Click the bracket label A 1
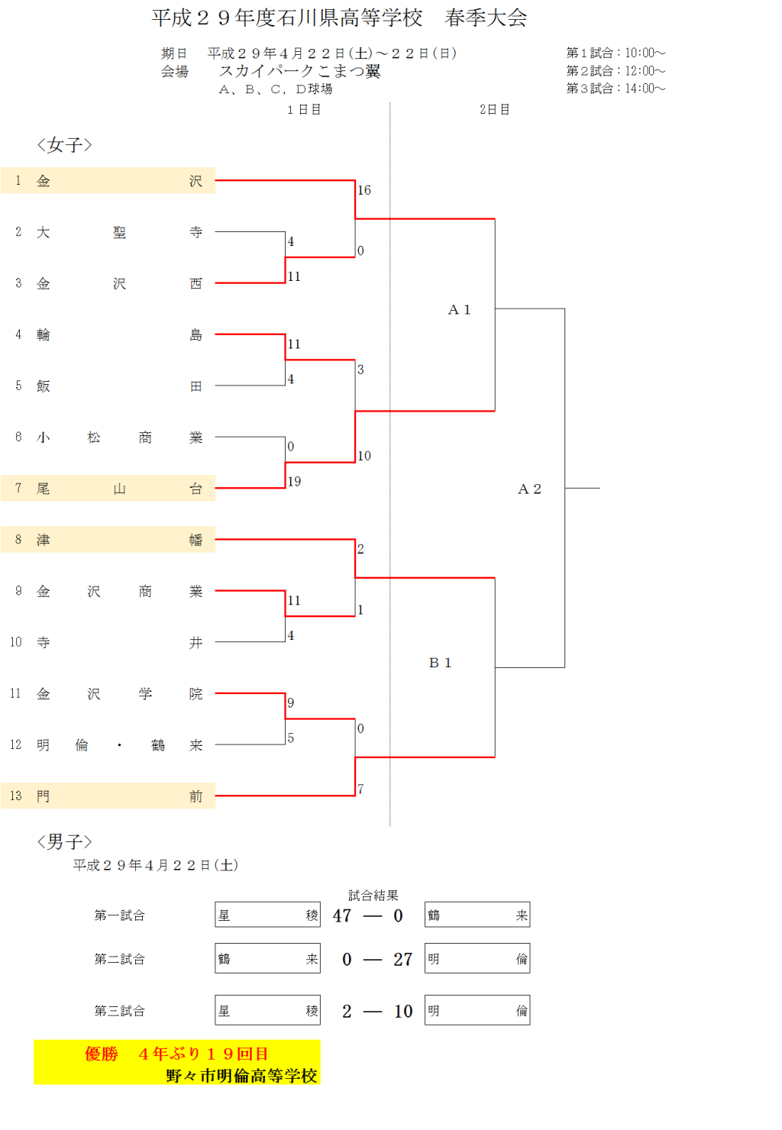tap(459, 309)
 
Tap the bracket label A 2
tap(529, 489)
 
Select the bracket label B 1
tap(440, 663)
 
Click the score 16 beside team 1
tap(364, 190)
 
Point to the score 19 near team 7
tap(294, 482)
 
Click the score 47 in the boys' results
tap(342, 915)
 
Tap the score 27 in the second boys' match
tap(403, 960)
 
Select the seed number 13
tap(16, 796)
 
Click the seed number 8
tap(18, 540)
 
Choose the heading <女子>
tap(64, 145)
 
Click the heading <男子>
tap(64, 841)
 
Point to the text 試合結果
tap(373, 895)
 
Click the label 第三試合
tap(119, 1011)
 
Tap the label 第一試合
tap(119, 915)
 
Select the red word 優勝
tap(101, 1054)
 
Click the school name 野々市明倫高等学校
tap(241, 1076)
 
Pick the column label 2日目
tap(495, 109)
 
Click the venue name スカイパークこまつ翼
tap(299, 71)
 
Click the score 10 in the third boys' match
tap(403, 1012)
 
